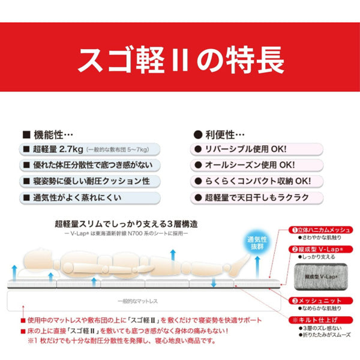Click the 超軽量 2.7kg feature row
coord(90,148)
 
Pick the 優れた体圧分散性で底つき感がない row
coord(90,164)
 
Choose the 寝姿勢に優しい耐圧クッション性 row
coord(90,180)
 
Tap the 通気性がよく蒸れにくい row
coord(90,196)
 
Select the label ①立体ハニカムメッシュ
coord(321,229)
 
